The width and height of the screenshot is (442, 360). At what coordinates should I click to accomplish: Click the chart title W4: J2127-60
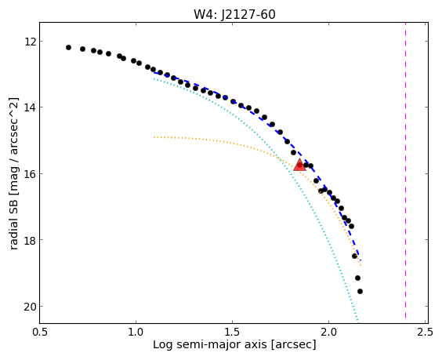(x=234, y=14)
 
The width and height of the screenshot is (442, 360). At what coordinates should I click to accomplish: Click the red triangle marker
(x=299, y=165)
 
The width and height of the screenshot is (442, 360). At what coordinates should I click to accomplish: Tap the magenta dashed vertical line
(x=405, y=170)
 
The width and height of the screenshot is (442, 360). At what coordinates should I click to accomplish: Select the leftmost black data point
(x=68, y=47)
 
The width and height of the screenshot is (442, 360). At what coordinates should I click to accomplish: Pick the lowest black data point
(x=360, y=291)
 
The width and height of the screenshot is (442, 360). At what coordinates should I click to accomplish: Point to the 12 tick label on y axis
(x=30, y=42)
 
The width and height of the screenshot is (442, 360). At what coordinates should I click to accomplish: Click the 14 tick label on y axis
(x=30, y=107)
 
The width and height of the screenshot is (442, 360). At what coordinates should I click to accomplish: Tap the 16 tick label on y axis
(x=30, y=174)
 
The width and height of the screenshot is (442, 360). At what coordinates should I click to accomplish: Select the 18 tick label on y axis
(x=30, y=240)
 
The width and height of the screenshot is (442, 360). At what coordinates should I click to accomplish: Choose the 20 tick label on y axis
(x=30, y=307)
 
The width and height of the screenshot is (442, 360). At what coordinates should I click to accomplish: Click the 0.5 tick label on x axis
(x=40, y=332)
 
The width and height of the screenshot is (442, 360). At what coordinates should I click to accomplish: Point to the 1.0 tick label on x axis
(x=136, y=332)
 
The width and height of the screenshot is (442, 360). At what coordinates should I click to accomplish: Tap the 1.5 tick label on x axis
(x=232, y=332)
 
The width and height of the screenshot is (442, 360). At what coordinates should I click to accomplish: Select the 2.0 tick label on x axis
(x=328, y=332)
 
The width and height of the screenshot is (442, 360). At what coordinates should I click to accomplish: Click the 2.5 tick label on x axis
(x=425, y=332)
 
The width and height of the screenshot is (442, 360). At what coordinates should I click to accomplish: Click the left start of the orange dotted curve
(x=154, y=137)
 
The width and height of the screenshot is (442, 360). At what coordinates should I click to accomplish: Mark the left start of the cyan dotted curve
(x=154, y=78)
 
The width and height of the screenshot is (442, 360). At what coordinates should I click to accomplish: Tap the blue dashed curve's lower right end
(x=360, y=260)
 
